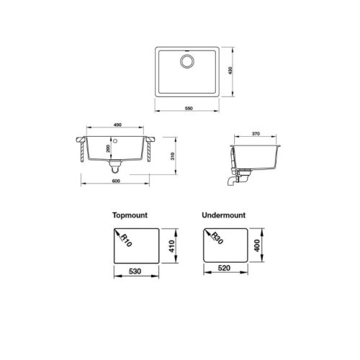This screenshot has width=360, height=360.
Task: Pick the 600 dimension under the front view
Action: click(117, 189)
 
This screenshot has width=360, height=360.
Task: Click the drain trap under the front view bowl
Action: click(114, 166)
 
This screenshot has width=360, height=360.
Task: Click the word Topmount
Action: click(130, 215)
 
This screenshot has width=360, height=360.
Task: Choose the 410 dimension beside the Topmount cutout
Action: click(172, 248)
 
